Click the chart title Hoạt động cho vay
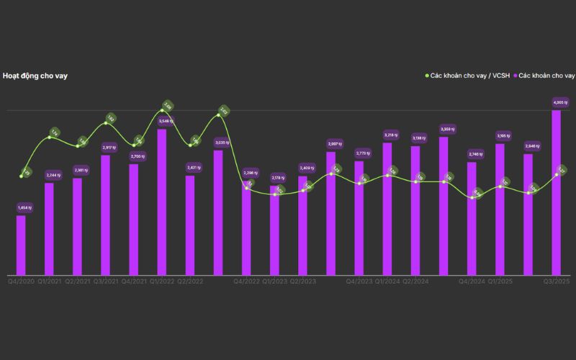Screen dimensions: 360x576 (35, 76)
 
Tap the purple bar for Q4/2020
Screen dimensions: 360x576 (21, 245)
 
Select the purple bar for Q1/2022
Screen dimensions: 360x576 (162, 202)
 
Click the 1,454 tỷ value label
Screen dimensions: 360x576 (24, 207)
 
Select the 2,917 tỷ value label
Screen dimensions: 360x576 (109, 147)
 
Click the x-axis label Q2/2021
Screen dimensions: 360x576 (77, 281)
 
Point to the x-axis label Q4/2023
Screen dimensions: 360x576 (359, 281)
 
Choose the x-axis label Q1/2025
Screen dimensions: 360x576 (500, 281)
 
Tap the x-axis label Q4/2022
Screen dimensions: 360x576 (246, 281)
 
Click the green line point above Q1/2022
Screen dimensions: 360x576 (162, 110)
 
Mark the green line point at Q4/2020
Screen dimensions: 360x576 (21, 176)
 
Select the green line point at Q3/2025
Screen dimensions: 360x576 (557, 174)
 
